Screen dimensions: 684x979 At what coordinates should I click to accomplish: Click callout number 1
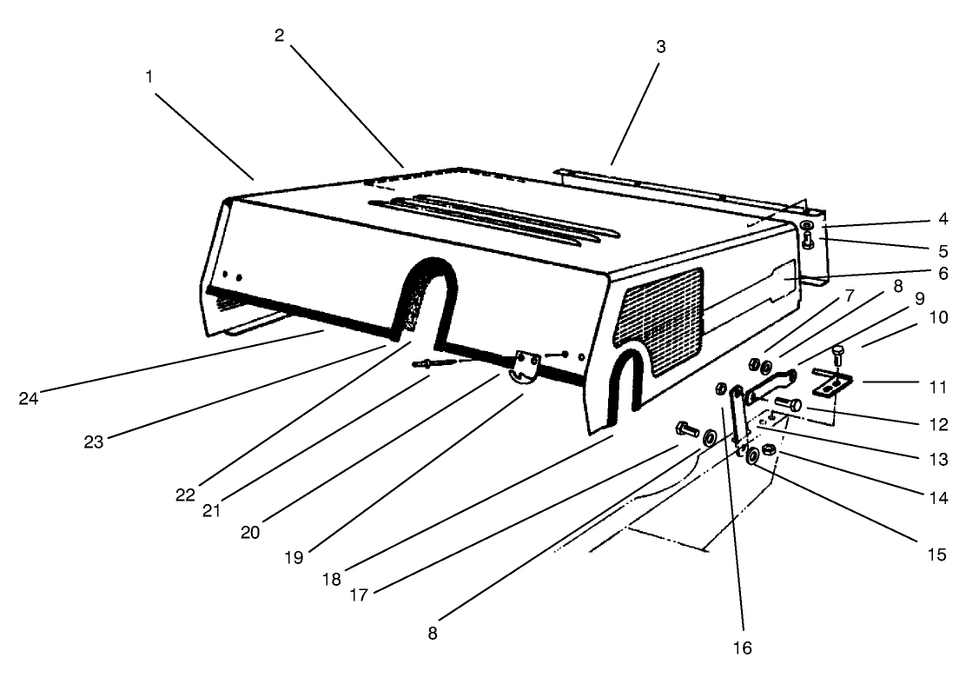(149, 76)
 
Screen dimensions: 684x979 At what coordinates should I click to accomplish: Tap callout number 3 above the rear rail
(660, 46)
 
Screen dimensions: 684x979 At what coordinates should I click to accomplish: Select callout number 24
(29, 399)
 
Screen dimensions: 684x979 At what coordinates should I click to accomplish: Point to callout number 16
(741, 647)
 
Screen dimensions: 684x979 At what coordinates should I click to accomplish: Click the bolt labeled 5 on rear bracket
(809, 238)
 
